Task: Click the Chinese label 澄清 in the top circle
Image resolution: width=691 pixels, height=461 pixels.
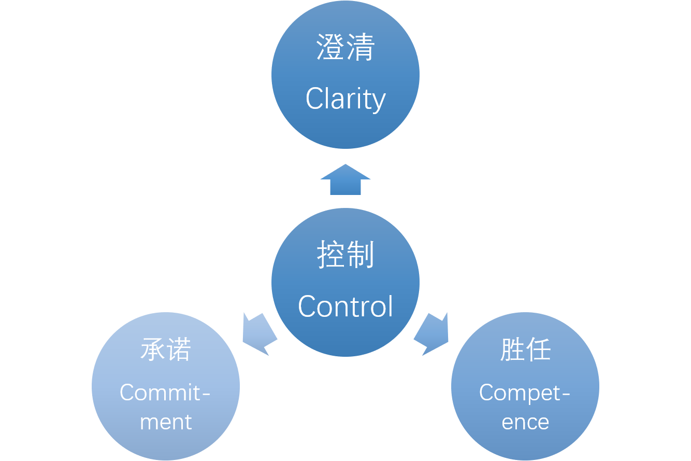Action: pyautogui.click(x=345, y=48)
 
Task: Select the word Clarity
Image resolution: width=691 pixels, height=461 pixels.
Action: pyautogui.click(x=345, y=99)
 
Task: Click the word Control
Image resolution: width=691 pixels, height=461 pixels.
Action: pyautogui.click(x=345, y=306)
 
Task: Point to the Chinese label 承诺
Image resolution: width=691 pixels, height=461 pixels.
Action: pyautogui.click(x=166, y=350)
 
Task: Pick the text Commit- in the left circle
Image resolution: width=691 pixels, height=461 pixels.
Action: pyautogui.click(x=165, y=393)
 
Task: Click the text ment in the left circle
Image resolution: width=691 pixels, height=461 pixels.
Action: pyautogui.click(x=166, y=422)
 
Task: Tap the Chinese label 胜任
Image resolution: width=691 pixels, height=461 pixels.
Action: pyautogui.click(x=525, y=350)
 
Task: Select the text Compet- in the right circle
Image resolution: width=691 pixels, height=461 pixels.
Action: pyautogui.click(x=524, y=393)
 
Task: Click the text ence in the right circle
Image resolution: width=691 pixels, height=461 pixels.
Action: pyautogui.click(x=525, y=422)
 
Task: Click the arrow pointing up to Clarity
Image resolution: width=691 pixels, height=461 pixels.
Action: pyautogui.click(x=345, y=180)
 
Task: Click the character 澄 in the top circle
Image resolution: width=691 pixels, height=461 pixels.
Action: pyautogui.click(x=331, y=48)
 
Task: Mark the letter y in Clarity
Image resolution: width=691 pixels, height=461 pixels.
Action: pyautogui.click(x=379, y=102)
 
